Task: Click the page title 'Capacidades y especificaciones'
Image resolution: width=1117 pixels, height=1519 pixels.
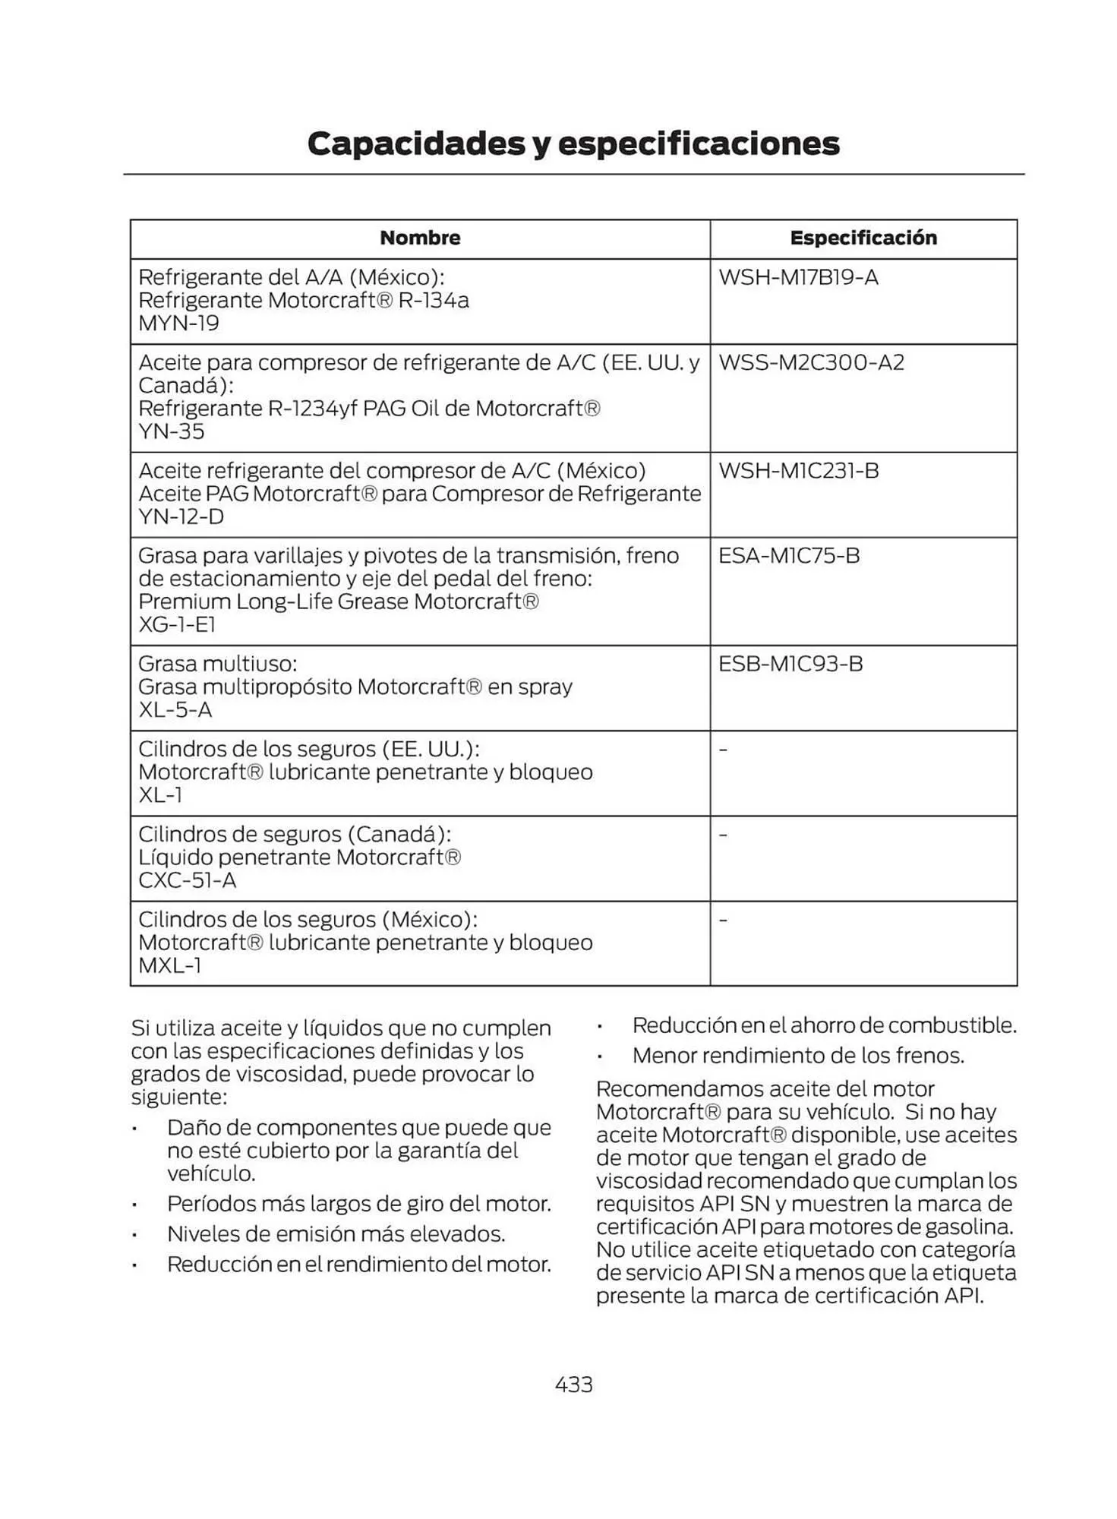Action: (x=573, y=144)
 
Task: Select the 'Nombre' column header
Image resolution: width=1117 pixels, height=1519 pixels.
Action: (x=420, y=238)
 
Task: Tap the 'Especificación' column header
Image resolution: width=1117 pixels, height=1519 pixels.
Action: (x=863, y=238)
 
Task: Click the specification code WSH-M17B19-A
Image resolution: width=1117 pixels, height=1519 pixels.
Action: (x=798, y=277)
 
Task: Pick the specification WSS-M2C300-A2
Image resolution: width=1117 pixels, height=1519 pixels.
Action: (x=811, y=362)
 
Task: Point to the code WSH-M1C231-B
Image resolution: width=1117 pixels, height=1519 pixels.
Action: (x=798, y=470)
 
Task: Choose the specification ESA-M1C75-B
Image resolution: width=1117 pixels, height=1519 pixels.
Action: (x=789, y=555)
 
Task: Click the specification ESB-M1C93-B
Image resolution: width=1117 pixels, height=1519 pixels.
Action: (x=790, y=664)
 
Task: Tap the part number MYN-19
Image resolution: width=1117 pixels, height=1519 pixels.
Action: (x=178, y=324)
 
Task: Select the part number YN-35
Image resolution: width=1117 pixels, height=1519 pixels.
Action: (x=172, y=431)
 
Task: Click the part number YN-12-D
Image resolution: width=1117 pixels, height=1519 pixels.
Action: (x=181, y=516)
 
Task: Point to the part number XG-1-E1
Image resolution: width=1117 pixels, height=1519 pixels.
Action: (x=177, y=624)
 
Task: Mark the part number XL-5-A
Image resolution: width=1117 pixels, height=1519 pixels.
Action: (x=175, y=710)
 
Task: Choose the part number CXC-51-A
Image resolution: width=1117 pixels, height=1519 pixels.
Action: (x=187, y=880)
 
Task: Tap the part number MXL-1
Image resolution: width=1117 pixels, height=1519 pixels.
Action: (x=170, y=965)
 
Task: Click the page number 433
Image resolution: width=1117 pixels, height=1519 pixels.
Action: (x=573, y=1385)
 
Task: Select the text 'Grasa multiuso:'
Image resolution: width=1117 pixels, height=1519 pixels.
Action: (x=217, y=664)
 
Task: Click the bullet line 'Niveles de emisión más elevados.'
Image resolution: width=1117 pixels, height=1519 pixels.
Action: (x=336, y=1233)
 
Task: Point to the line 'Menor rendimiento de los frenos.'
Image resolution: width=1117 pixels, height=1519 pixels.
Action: (x=798, y=1055)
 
